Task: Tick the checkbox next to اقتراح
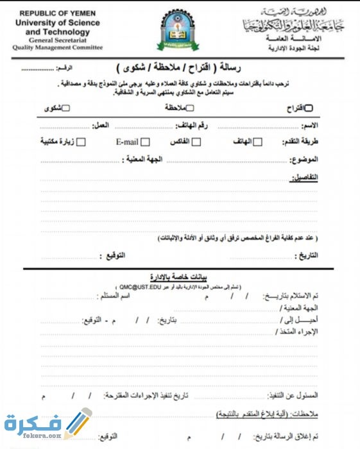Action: (x=309, y=108)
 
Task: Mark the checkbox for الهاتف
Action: (x=257, y=142)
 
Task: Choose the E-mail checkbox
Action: (x=146, y=142)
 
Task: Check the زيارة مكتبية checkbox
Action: (x=81, y=142)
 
